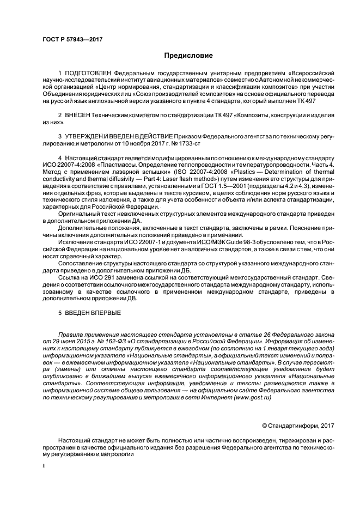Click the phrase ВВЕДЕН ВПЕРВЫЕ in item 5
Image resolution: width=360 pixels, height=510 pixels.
(x=93, y=314)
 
